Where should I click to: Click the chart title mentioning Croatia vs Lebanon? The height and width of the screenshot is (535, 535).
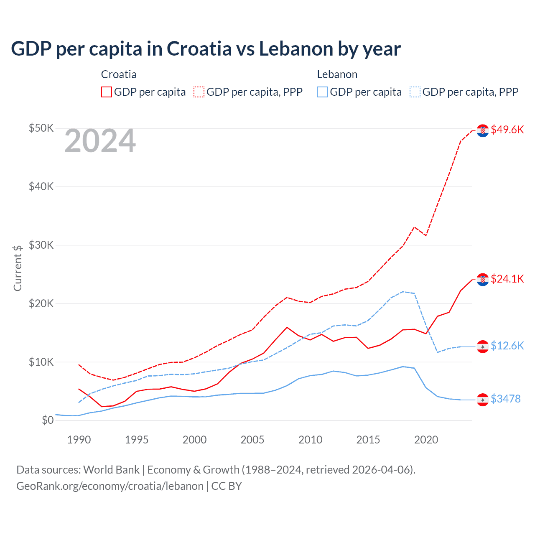click(x=206, y=48)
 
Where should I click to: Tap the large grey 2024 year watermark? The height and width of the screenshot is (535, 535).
click(x=100, y=141)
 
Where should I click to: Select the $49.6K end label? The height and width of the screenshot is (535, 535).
click(x=507, y=130)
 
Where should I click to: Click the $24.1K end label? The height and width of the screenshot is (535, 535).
click(x=507, y=279)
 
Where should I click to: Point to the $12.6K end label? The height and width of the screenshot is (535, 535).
click(x=507, y=346)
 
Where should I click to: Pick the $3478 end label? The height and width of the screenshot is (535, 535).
click(x=505, y=399)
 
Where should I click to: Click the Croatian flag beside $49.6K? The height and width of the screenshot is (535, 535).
click(x=483, y=130)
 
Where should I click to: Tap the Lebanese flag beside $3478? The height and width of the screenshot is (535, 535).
click(x=483, y=400)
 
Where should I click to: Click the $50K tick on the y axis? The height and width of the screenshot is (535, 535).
click(x=41, y=128)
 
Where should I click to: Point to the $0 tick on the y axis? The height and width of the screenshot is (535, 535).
click(x=48, y=420)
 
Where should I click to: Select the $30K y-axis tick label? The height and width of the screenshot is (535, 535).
click(x=41, y=245)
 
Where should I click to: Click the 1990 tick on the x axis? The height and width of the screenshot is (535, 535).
click(x=79, y=440)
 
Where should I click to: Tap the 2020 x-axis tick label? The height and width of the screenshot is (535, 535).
click(x=426, y=440)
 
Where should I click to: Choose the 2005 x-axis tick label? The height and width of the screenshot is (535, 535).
click(x=252, y=440)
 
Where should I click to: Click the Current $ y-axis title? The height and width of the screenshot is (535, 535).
click(x=18, y=268)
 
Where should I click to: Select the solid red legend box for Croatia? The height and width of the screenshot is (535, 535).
click(x=107, y=92)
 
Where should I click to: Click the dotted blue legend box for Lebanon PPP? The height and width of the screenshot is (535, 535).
click(x=415, y=92)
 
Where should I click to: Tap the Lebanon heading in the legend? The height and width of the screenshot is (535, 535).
click(x=337, y=74)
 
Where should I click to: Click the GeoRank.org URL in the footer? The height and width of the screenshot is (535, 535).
click(x=110, y=486)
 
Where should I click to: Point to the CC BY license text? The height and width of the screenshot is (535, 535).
click(x=227, y=486)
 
